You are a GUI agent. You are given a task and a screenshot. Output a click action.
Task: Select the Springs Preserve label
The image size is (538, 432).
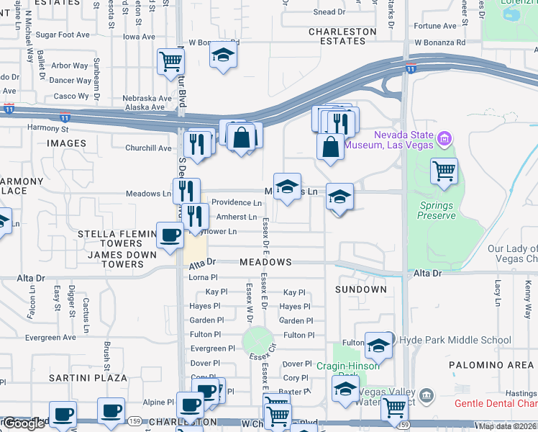437,210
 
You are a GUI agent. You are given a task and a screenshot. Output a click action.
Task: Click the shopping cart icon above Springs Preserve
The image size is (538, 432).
444,171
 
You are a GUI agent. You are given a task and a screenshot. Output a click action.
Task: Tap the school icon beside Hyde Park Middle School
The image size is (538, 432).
378,346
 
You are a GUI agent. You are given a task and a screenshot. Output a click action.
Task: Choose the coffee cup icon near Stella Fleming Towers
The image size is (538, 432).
170,235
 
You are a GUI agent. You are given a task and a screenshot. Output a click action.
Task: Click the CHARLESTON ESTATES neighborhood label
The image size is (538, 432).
342,36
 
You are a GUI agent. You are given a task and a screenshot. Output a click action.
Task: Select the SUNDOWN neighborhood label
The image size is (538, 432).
360,289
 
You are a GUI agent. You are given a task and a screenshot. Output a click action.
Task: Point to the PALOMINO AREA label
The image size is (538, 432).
491,365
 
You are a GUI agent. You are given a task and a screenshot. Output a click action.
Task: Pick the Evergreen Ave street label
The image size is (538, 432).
50,337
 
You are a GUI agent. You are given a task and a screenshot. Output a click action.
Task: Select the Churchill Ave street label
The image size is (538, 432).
149,148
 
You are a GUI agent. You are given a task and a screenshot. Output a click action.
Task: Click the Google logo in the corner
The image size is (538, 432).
23,423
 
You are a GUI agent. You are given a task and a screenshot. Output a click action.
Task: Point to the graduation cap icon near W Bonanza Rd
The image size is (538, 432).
224,54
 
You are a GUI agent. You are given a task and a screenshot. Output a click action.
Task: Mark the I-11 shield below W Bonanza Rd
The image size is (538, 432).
410,69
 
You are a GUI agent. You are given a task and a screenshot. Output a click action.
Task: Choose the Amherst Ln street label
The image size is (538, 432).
236,217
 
